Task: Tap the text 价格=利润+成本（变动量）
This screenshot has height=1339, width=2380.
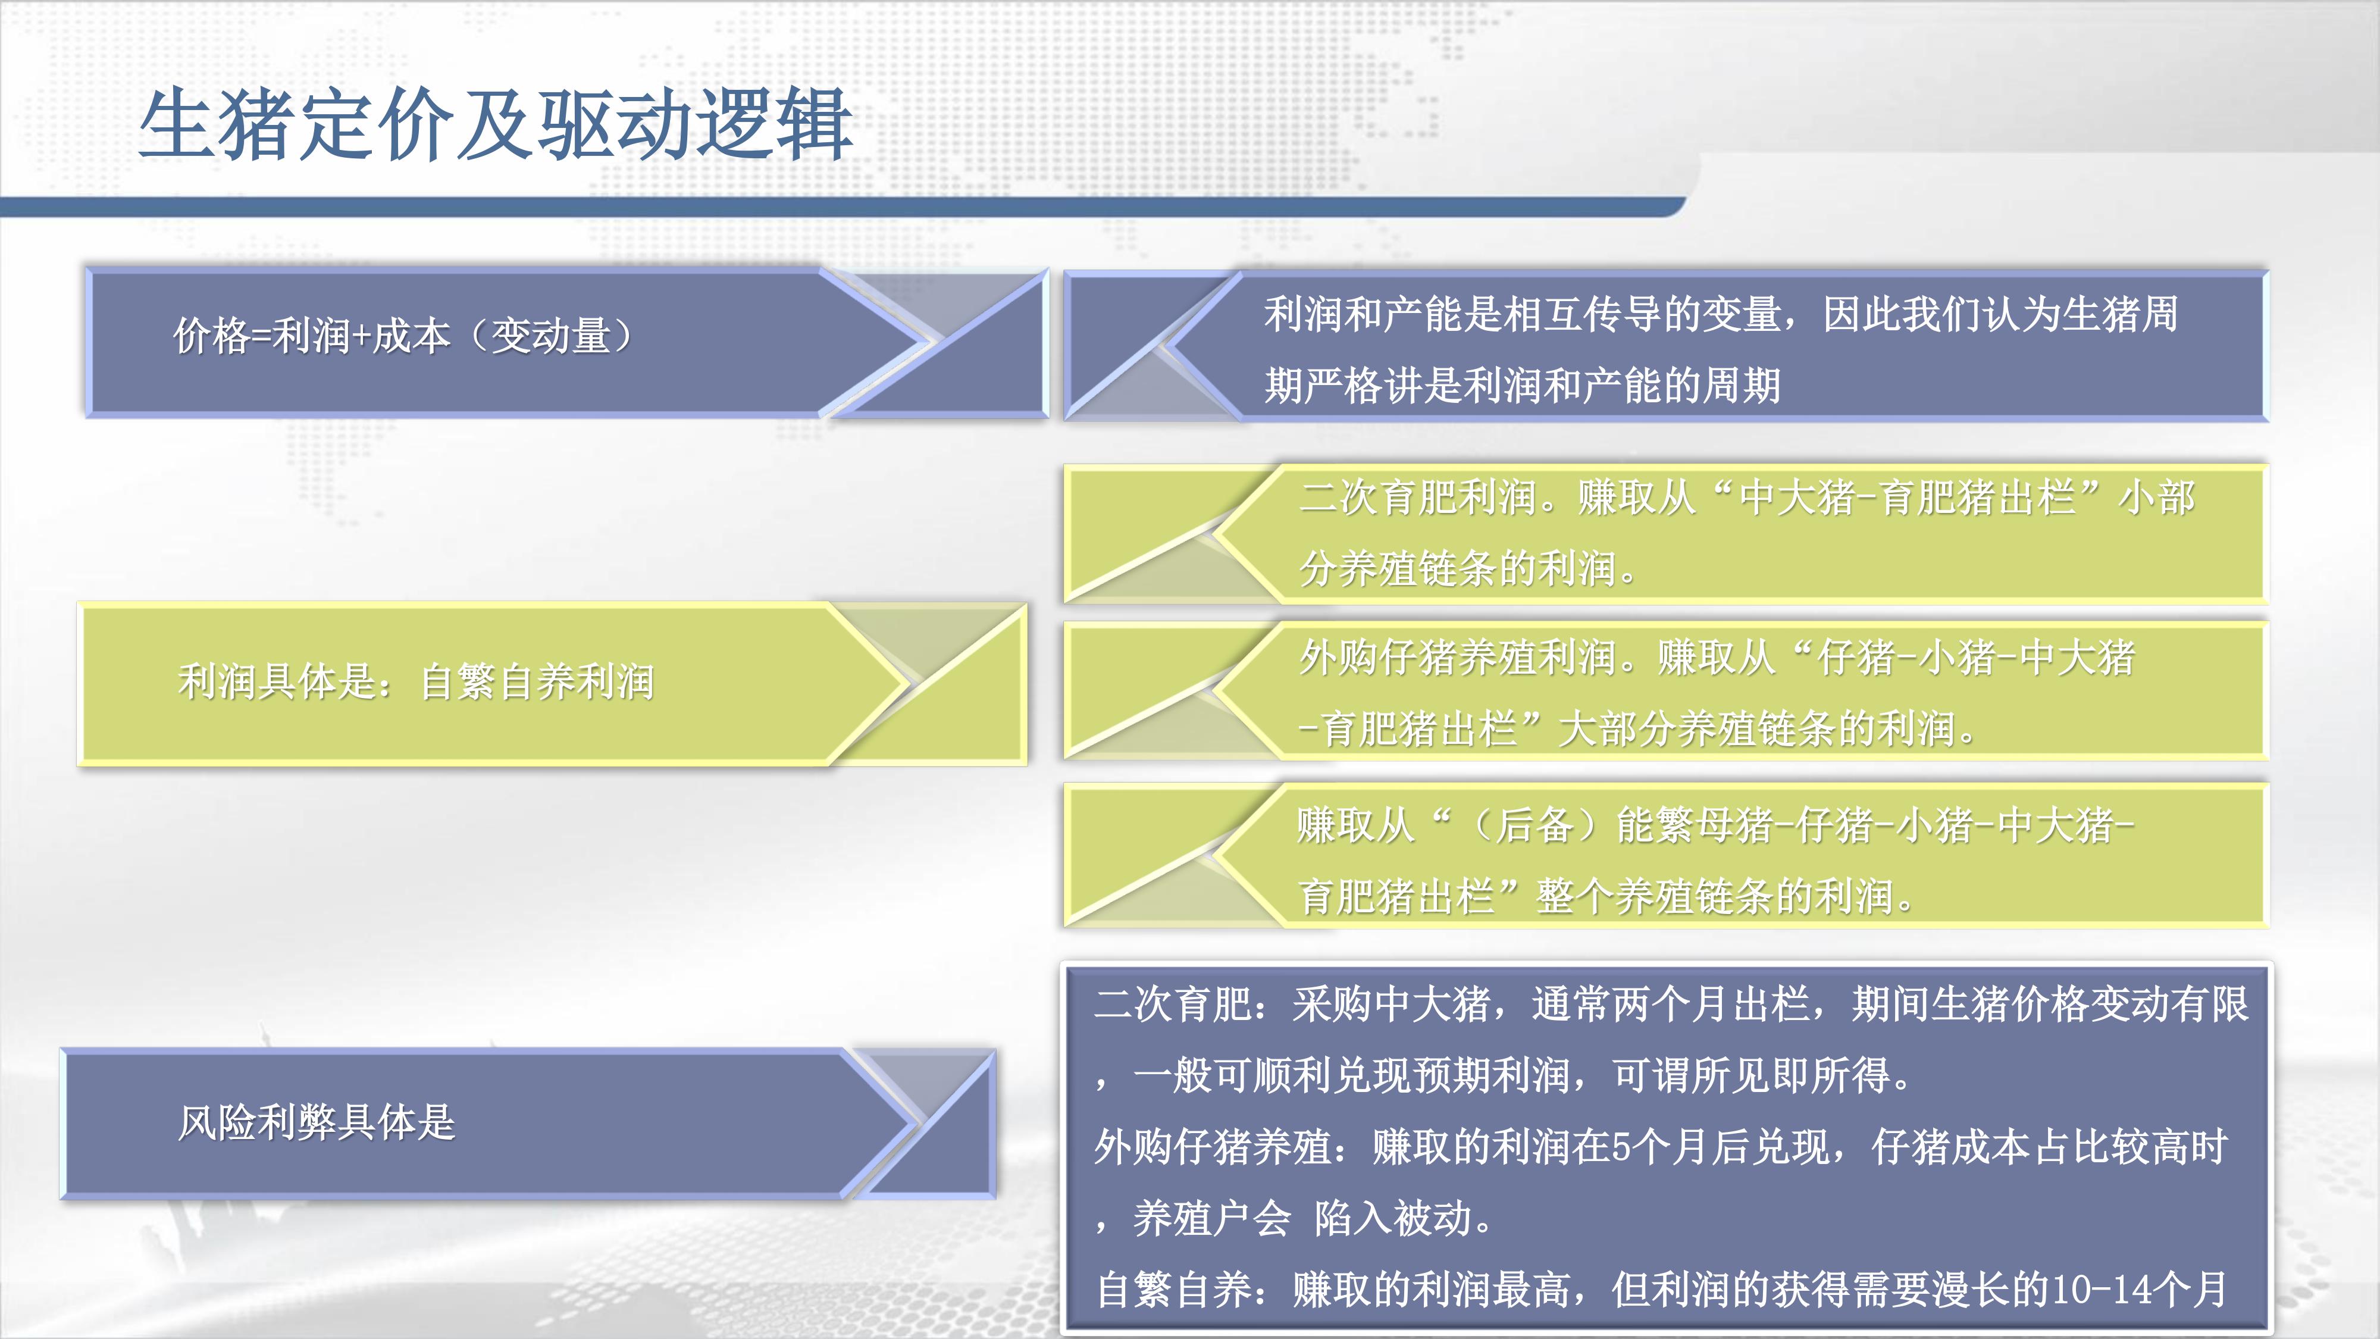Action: point(404,336)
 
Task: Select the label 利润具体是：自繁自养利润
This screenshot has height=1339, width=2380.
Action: point(416,682)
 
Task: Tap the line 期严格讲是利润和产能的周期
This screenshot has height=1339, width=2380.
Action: point(1521,386)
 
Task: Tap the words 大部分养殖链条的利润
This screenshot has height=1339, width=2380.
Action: point(1755,729)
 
